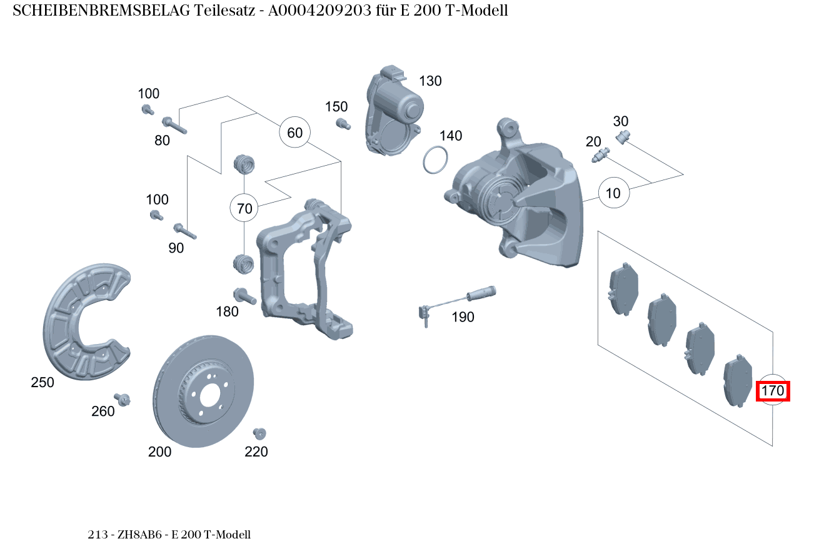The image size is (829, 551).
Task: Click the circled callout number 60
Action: pos(294,133)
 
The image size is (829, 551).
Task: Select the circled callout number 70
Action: pos(245,208)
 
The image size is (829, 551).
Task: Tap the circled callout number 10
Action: pos(613,193)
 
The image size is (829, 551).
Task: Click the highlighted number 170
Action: pos(773,392)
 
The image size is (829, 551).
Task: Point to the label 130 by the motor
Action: pos(430,81)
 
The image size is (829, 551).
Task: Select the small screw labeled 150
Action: pos(341,123)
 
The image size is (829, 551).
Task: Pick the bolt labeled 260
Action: pos(123,399)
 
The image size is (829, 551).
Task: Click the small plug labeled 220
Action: pos(259,433)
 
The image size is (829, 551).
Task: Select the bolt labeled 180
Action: pos(244,296)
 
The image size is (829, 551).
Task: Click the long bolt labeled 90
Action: pos(185,231)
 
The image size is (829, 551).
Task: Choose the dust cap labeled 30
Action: pos(623,136)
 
